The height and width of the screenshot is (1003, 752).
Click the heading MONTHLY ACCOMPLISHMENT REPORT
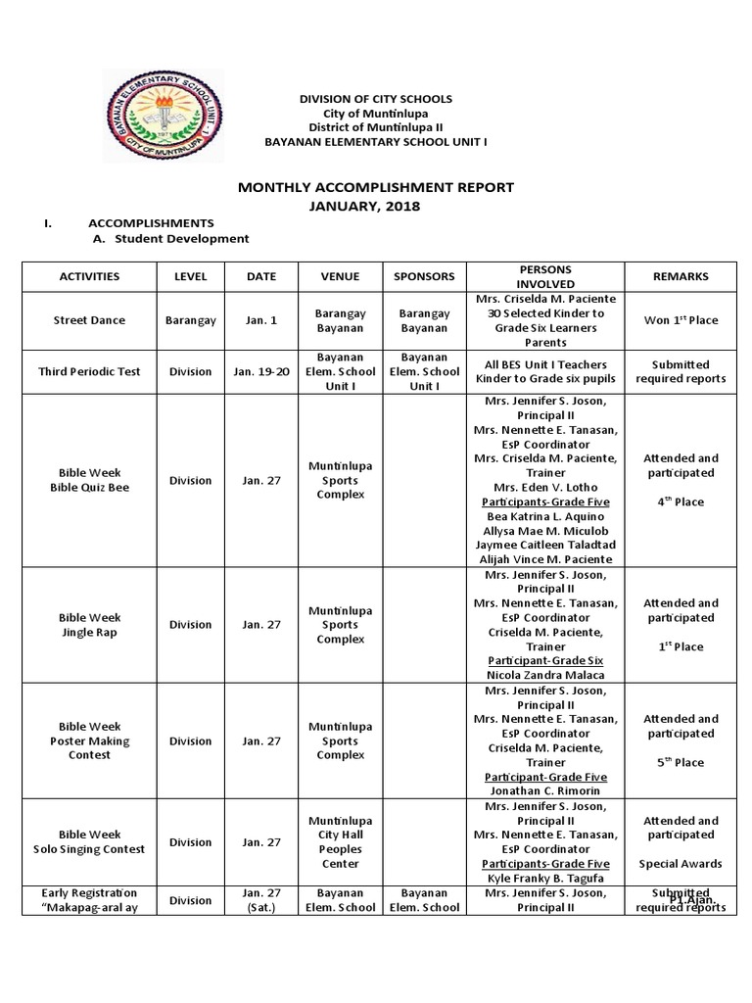tap(377, 187)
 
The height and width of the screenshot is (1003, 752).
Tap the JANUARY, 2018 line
tap(377, 206)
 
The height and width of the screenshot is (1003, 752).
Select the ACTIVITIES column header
tap(89, 276)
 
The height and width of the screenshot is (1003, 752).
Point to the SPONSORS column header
tap(423, 276)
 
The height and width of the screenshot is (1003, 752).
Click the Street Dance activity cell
tap(89, 319)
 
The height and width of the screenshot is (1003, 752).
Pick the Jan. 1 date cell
tap(260, 319)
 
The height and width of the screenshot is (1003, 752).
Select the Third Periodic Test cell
tap(89, 371)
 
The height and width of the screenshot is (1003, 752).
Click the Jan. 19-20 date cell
tap(260, 371)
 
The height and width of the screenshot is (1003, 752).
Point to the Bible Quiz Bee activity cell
tap(89, 480)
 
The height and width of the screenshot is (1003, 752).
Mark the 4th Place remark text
tap(681, 501)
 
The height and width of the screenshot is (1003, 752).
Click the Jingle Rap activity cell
tap(89, 625)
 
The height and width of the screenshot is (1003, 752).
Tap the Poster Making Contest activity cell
tap(89, 740)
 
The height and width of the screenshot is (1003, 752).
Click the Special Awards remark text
tap(681, 864)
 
